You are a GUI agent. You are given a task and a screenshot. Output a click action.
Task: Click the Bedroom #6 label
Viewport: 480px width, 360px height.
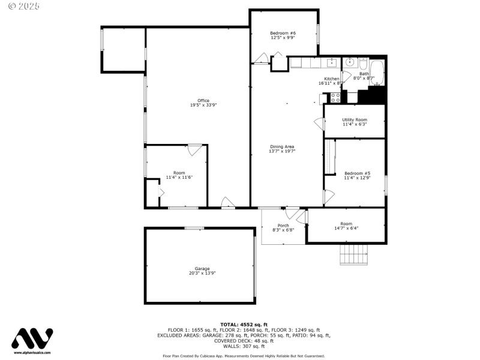tap(283, 32)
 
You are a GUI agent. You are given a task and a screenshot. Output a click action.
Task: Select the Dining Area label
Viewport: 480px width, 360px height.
tap(282, 146)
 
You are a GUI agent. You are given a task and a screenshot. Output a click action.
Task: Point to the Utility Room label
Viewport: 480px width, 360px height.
tap(355, 119)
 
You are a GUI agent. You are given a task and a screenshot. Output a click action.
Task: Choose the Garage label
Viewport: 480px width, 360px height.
tap(202, 268)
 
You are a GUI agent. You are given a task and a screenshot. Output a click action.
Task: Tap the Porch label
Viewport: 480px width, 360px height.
tap(283, 226)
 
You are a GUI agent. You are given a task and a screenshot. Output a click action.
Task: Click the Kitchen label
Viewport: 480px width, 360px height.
tap(332, 79)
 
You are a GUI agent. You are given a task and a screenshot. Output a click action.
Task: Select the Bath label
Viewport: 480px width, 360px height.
tap(364, 73)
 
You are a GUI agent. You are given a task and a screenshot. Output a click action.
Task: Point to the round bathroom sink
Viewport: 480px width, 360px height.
tap(350, 62)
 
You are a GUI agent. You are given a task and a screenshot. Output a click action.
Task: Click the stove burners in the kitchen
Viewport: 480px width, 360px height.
tap(335, 97)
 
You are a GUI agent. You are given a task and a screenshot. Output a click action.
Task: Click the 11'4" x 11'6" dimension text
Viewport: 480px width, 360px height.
tap(179, 178)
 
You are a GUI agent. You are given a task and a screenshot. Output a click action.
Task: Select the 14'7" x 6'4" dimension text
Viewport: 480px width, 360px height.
tap(346, 228)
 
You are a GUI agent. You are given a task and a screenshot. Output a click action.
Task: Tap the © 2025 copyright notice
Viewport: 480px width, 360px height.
tap(24, 6)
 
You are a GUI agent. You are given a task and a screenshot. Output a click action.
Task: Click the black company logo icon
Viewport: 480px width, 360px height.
tap(32, 338)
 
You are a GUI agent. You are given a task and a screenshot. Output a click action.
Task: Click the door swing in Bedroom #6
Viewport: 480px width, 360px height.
tap(261, 58)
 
